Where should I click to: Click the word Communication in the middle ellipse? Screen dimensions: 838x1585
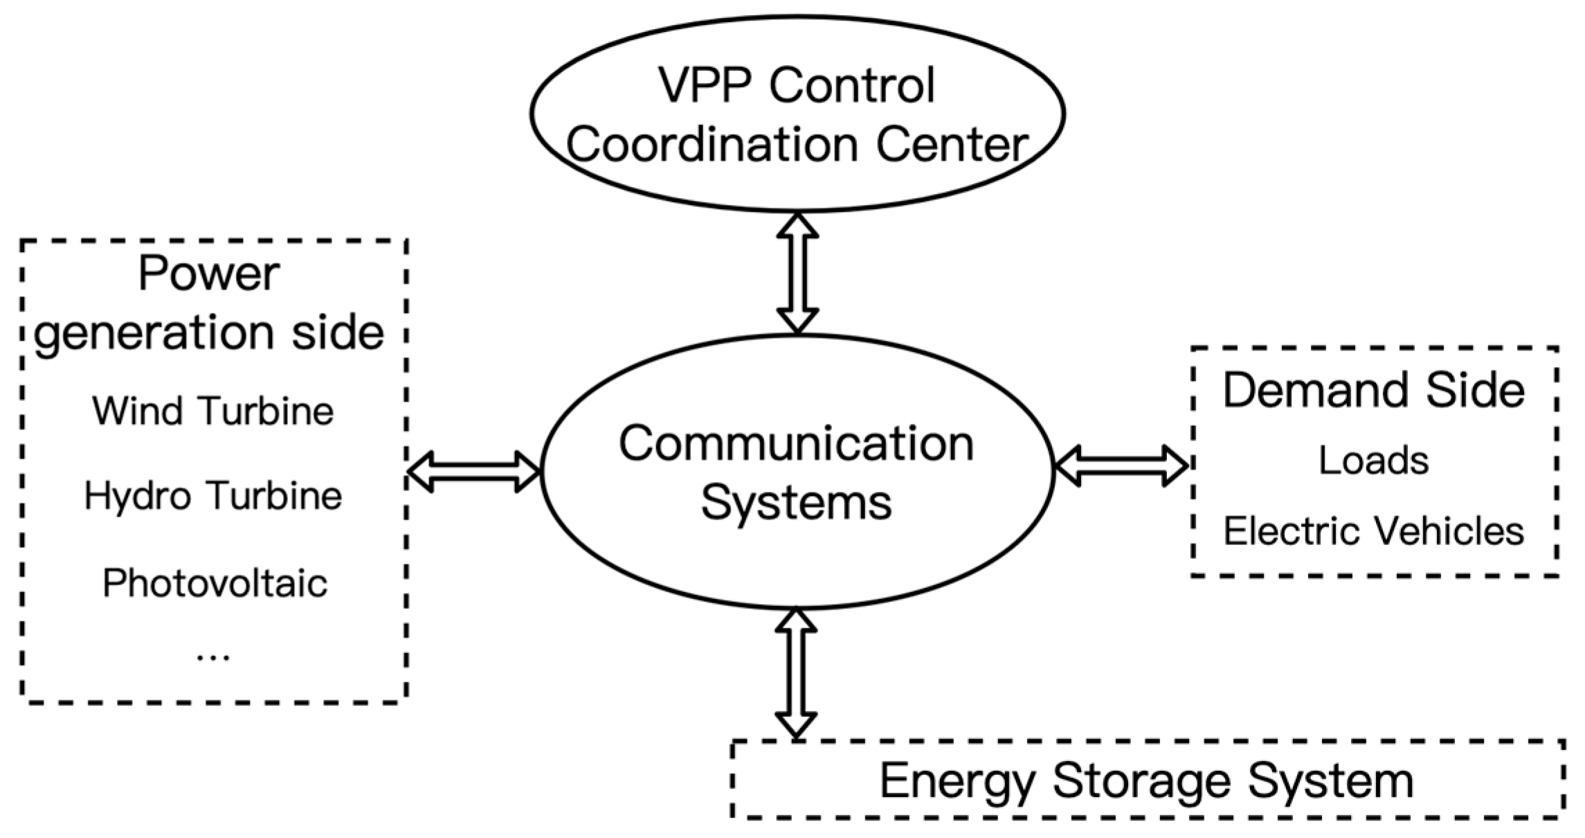click(796, 444)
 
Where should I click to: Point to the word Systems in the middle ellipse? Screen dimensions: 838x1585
click(796, 502)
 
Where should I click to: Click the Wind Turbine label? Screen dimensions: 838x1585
click(213, 411)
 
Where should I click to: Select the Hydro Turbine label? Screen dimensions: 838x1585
click(213, 497)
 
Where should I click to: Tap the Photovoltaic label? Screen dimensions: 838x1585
click(215, 583)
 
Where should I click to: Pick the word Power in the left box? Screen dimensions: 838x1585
click(208, 274)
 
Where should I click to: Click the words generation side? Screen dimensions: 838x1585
click(208, 333)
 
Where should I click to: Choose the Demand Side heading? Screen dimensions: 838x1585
click(1373, 390)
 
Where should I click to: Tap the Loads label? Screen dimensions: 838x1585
click(1373, 461)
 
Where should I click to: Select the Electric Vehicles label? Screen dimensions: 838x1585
click(1373, 532)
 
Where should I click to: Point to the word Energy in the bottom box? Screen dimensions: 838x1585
click(957, 782)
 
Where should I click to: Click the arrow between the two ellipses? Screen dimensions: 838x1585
click(797, 273)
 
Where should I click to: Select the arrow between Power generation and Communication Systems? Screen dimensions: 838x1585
click(473, 472)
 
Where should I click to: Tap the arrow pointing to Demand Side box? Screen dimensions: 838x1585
click(1121, 465)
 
